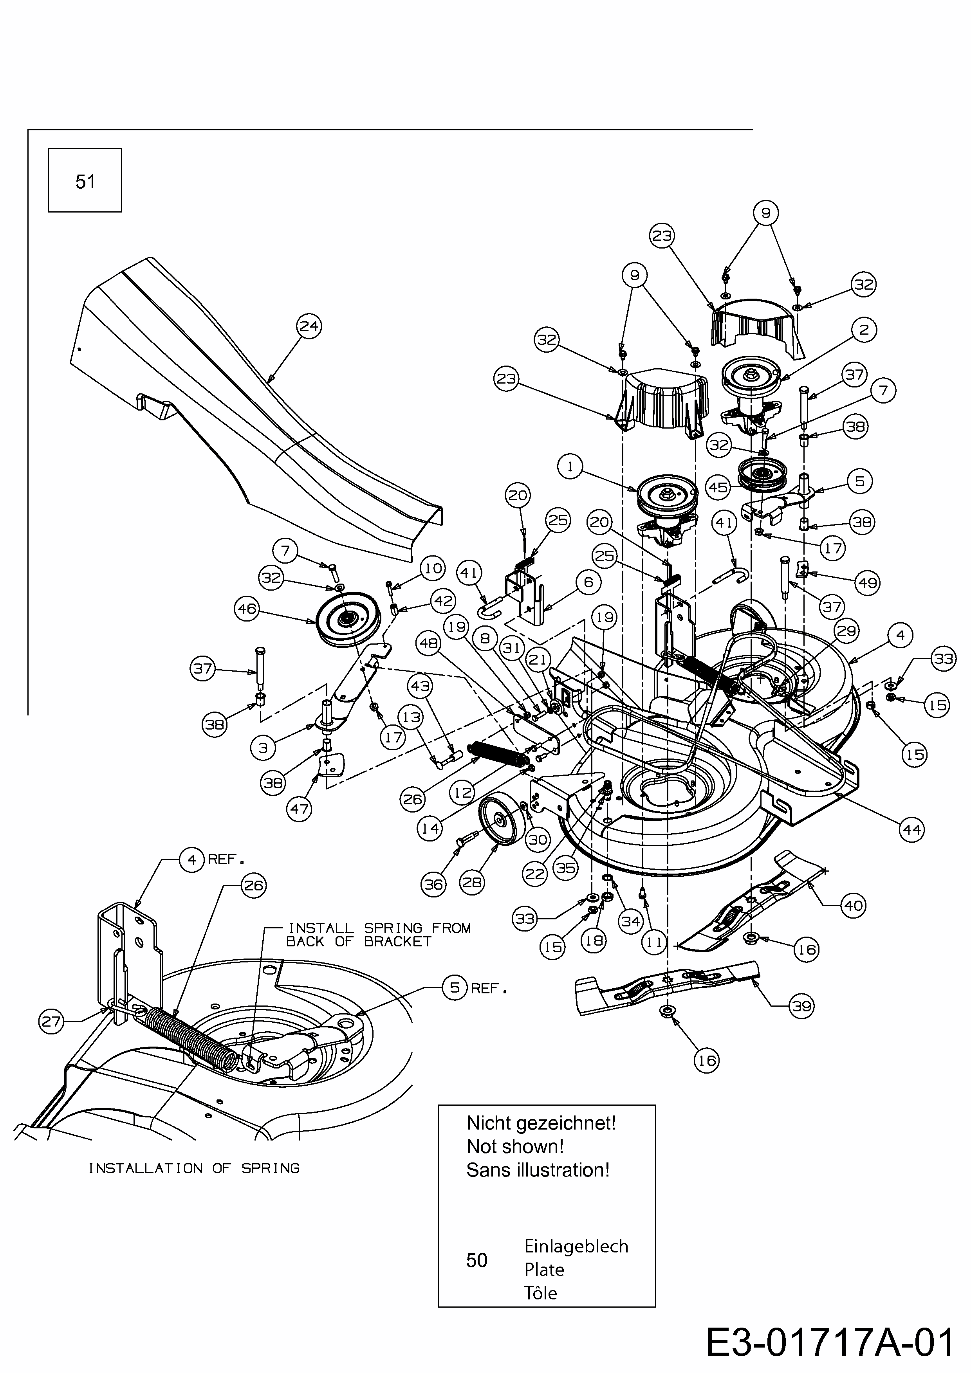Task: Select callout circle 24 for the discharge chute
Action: pos(309,326)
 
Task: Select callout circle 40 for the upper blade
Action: pos(853,905)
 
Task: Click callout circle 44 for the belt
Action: pos(911,829)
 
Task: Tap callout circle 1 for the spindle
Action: pos(570,467)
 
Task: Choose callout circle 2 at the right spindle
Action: pos(863,330)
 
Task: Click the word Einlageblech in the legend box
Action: pos(576,1246)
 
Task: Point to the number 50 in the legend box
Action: pos(477,1260)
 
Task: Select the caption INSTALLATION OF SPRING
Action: pos(194,1168)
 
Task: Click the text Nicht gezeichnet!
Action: pos(541,1123)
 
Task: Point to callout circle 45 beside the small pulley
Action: pos(718,487)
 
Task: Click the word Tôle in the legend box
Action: pos(540,1293)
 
